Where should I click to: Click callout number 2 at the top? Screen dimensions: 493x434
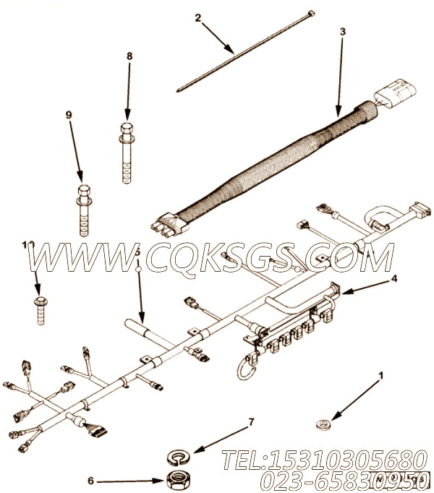coord(197,17)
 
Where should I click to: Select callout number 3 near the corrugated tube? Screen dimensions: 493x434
coord(343,32)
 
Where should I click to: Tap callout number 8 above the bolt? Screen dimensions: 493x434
coord(129,56)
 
